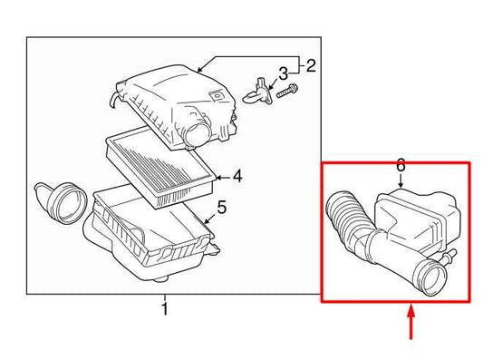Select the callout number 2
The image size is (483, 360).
tap(310, 65)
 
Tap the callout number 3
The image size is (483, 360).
tap(283, 73)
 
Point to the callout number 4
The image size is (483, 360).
tap(237, 176)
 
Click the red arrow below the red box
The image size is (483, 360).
tap(412, 325)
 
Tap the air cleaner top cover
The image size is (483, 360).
tap(168, 95)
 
